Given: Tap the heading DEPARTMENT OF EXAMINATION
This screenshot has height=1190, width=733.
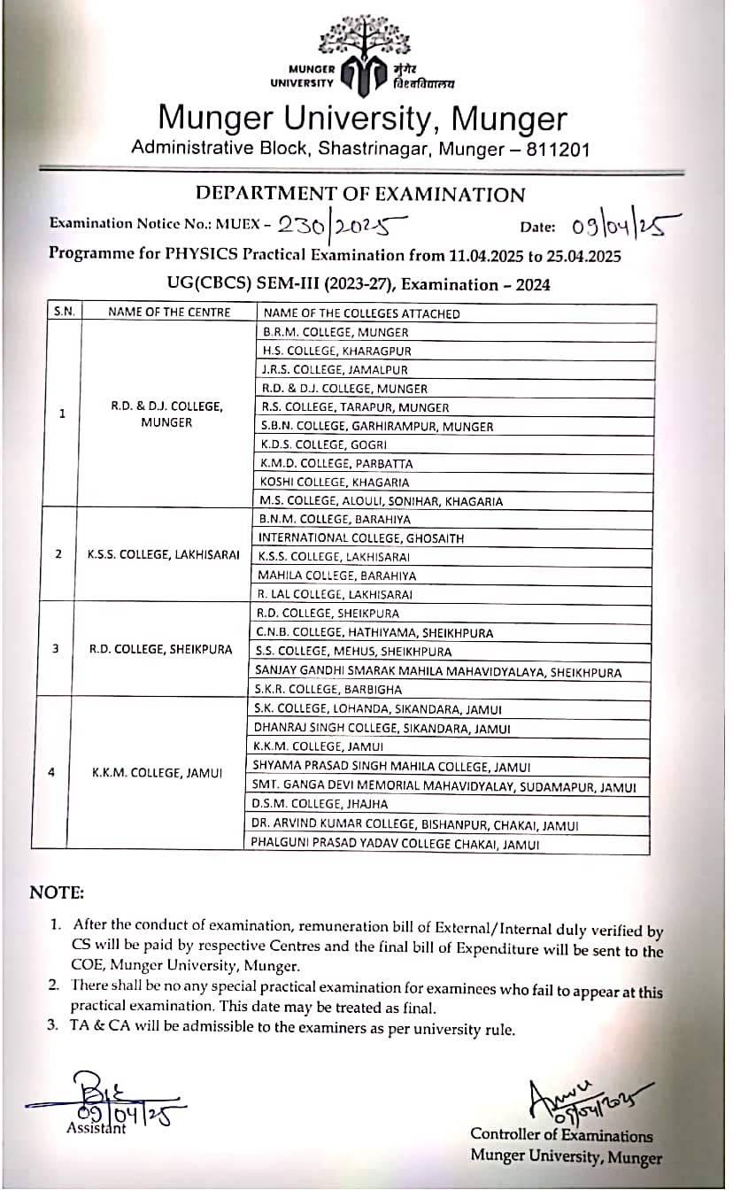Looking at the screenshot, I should pos(359,194).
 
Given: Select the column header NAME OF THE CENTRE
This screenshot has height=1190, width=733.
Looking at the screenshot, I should pos(168,312).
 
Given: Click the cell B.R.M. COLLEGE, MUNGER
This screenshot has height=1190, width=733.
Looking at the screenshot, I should pos(336,332).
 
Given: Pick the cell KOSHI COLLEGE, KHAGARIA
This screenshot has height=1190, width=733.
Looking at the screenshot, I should pos(336,482).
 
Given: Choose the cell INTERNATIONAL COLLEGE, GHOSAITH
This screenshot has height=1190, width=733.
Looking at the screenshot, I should pos(360,537).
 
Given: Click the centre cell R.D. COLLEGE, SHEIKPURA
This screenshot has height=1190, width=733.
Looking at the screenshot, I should pos(160,649).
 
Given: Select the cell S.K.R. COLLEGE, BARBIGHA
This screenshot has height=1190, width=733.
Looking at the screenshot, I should pos(328,689).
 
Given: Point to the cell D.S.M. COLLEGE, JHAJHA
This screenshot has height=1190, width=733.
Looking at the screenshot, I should pos(320,804).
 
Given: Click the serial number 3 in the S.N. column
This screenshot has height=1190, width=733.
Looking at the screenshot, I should pos(56,649).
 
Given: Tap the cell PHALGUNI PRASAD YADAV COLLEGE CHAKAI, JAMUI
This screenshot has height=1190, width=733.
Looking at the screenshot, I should pos(397,845).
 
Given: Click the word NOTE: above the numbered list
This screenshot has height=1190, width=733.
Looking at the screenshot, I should pos(57,892).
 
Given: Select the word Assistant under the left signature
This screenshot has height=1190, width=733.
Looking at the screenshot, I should pos(96,1128).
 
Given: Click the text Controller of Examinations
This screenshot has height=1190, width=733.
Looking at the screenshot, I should pos(561,1135).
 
